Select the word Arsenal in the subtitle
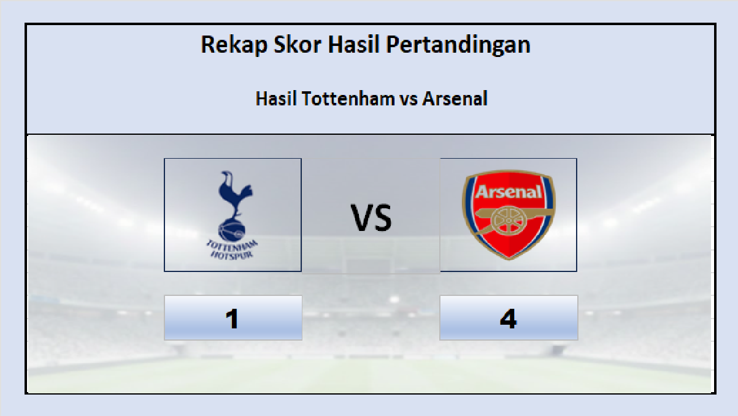(455, 99)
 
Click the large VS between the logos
(371, 217)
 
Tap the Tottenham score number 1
(232, 319)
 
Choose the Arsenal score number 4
(508, 319)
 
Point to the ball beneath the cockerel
(232, 230)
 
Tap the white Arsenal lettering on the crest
(509, 192)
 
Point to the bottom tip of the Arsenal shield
(509, 257)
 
